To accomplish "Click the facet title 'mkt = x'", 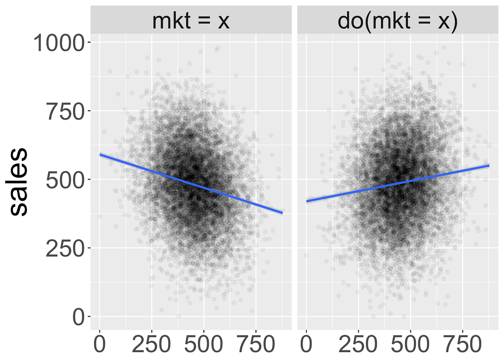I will [191, 21].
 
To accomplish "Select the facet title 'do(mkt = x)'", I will [397, 21].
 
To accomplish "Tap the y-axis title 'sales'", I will [18, 181].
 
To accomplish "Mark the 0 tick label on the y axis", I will [78, 317].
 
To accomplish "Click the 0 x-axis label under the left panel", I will [100, 345].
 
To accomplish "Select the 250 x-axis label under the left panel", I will [152, 345].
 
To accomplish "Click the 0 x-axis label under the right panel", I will [307, 345].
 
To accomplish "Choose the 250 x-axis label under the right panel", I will [358, 345].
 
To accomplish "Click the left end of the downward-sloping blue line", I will [100, 155].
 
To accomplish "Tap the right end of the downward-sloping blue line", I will [282, 213].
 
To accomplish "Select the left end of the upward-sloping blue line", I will [307, 201].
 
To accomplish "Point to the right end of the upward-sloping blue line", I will [489, 166].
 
